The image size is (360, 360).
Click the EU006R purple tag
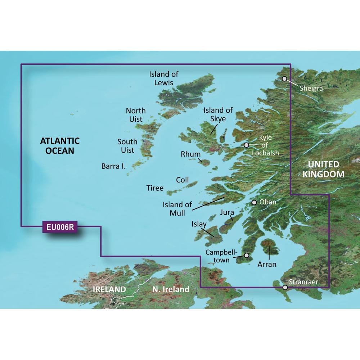point(60,228)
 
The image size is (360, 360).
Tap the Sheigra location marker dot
point(284,78)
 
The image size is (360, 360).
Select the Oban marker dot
point(254,202)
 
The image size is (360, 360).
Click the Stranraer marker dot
point(285,287)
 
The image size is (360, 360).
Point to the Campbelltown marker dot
point(247,255)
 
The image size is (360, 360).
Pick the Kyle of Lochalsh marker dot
point(246,145)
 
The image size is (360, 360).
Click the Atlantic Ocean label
point(60,145)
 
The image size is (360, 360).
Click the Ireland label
point(109,289)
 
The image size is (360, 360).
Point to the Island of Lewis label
point(164,78)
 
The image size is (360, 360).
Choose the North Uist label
point(136,115)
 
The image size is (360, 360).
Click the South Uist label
point(127,146)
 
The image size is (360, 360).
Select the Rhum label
point(190,154)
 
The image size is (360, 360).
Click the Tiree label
point(155,188)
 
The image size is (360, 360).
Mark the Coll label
point(182,180)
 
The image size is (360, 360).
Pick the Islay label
point(199,225)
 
